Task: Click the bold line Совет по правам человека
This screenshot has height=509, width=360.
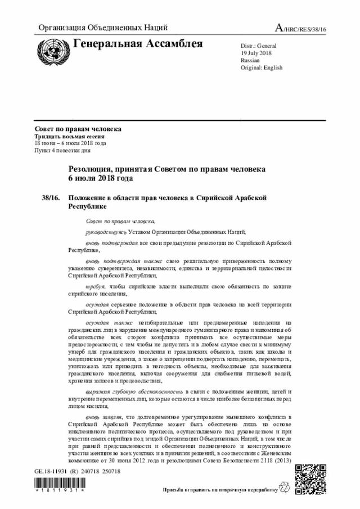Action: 78,129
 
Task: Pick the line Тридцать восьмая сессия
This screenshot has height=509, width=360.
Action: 69,137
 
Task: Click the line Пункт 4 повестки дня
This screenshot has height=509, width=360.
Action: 62,151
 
